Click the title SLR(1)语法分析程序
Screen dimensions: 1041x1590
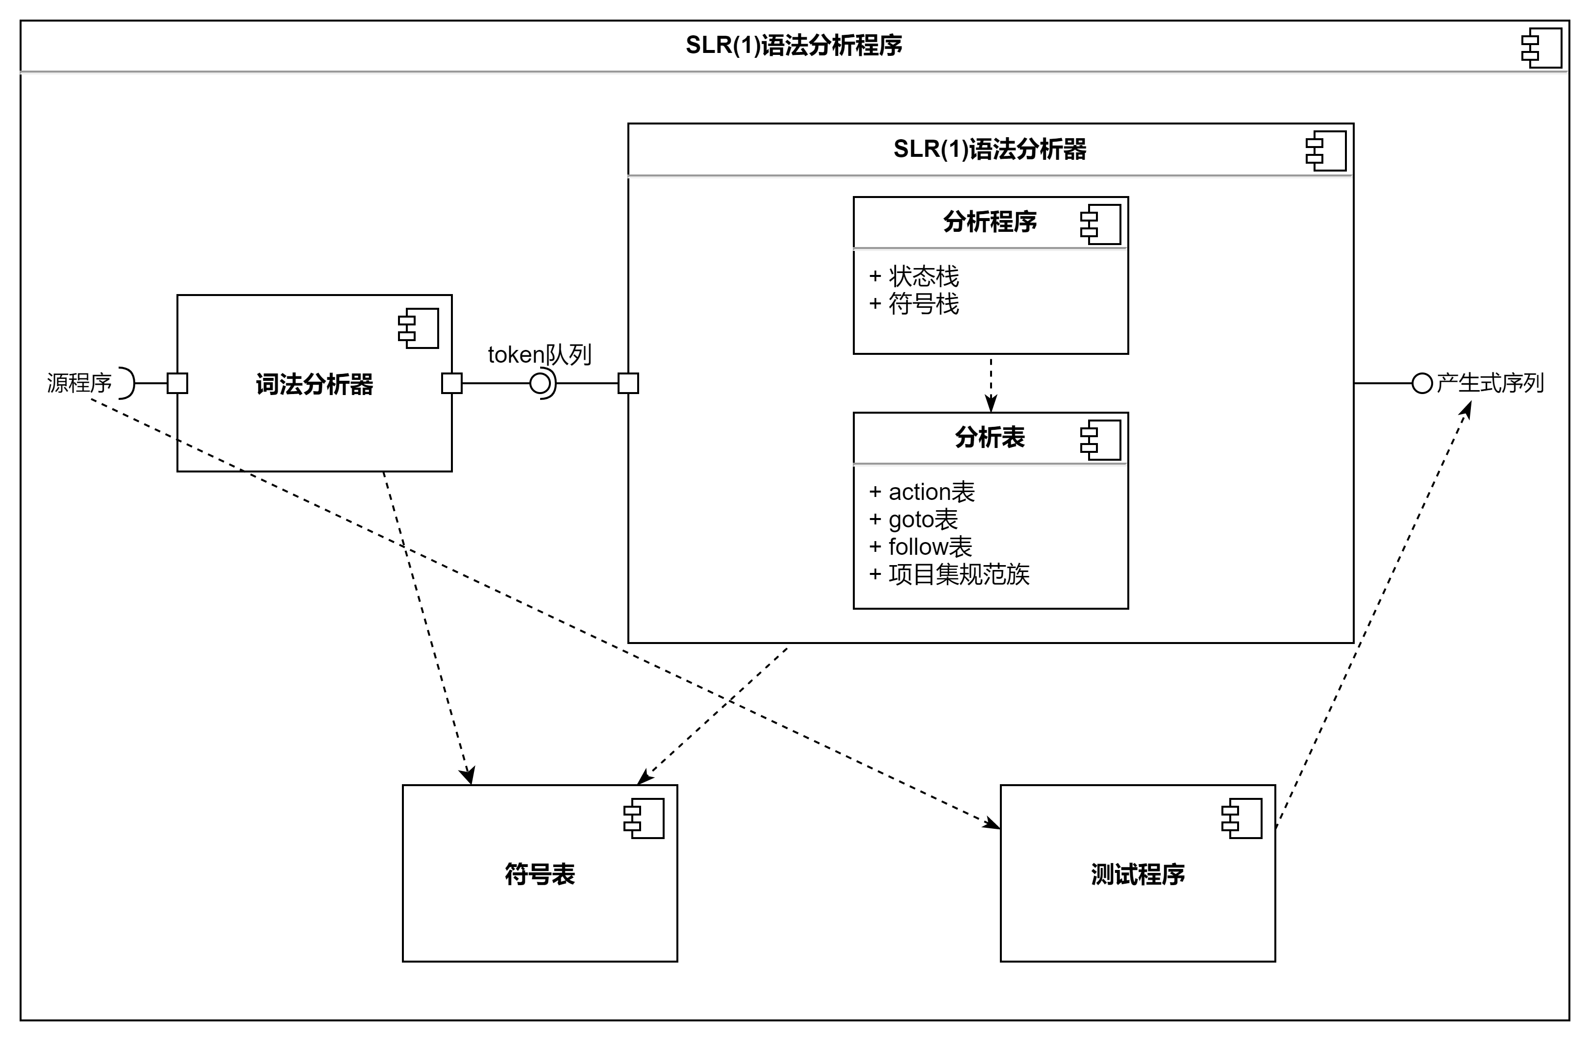click(794, 46)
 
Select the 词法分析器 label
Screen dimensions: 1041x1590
click(314, 384)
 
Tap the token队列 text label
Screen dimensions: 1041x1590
click(539, 355)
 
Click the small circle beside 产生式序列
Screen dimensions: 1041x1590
click(1422, 384)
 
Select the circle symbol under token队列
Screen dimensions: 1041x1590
click(540, 384)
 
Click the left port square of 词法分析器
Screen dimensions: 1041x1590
click(177, 384)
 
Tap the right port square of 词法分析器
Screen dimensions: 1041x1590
click(451, 384)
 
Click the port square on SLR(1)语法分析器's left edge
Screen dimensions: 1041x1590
click(628, 384)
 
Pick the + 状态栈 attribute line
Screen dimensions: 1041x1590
click(914, 276)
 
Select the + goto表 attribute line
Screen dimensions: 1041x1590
click(913, 519)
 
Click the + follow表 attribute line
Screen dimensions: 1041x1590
click(920, 546)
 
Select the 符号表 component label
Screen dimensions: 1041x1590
click(540, 874)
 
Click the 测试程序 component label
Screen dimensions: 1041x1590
click(1138, 874)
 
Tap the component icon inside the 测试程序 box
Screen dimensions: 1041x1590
click(1242, 818)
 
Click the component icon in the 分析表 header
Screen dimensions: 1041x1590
click(1100, 440)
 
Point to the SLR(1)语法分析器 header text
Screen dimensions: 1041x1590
click(990, 149)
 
